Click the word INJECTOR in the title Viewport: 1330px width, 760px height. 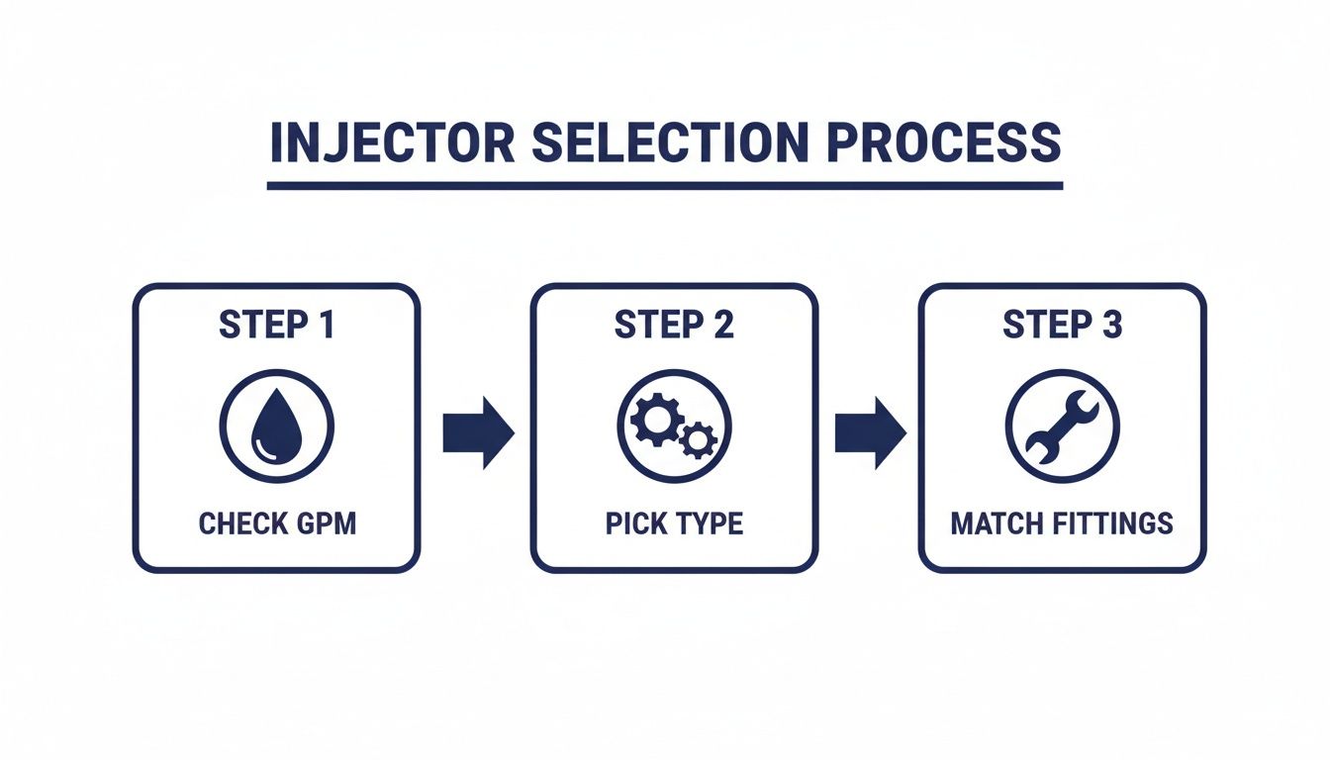(392, 144)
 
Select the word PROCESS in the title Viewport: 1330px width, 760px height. (944, 144)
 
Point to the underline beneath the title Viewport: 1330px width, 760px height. (665, 185)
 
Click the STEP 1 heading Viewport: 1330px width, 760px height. (276, 326)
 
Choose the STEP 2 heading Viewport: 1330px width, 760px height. (674, 326)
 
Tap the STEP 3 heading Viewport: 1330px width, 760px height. (1062, 326)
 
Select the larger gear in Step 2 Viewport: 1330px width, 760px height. (654, 421)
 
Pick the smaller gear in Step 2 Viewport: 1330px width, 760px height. (700, 439)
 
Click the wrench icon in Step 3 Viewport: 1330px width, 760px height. (1062, 427)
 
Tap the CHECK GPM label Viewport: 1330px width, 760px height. (276, 523)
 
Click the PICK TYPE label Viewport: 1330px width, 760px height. (674, 523)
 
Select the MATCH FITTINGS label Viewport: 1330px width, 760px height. (1062, 523)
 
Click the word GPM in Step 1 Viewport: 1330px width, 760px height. (325, 523)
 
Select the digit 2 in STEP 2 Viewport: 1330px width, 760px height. (723, 326)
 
